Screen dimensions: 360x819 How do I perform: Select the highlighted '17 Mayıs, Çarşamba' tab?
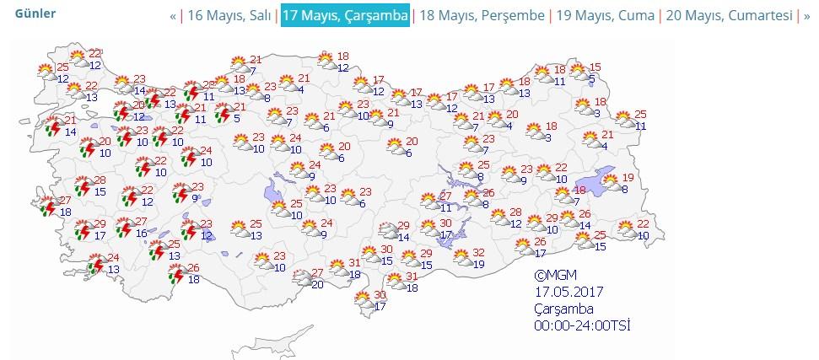click(346, 16)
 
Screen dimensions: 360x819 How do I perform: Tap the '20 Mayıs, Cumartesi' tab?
click(729, 16)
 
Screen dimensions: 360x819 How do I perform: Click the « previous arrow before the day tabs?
click(173, 16)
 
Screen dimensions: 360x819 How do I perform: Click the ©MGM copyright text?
click(554, 276)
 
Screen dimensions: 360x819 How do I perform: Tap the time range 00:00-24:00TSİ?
click(582, 325)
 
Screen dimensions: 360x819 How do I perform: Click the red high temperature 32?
click(478, 252)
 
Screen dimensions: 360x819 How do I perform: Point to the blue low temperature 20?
click(318, 284)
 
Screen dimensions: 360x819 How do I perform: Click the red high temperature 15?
click(595, 67)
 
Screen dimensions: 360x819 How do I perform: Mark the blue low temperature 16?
click(141, 234)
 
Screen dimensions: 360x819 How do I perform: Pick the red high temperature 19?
click(628, 177)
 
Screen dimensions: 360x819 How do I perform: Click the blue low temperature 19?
click(479, 264)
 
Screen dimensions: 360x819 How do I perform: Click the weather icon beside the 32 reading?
click(461, 258)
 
